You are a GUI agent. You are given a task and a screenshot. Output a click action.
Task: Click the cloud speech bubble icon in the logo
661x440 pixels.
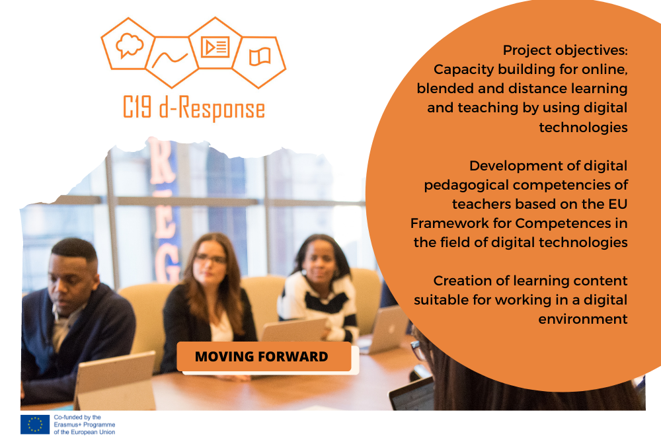click(130, 45)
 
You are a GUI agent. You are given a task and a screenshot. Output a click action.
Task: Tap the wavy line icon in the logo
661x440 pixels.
click(170, 59)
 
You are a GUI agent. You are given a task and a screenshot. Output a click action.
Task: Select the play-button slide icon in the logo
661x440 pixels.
click(215, 47)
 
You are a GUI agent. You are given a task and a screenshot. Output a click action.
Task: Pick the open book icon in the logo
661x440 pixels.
click(260, 56)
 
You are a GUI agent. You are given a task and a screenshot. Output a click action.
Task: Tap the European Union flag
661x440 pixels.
click(35, 424)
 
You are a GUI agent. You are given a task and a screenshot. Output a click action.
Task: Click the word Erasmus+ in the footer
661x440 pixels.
click(68, 425)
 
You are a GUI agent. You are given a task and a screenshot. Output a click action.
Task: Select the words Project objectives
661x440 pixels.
click(565, 50)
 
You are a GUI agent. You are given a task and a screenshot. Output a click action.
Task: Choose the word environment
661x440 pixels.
click(582, 319)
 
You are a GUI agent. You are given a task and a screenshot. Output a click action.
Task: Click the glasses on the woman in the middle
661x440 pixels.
click(210, 258)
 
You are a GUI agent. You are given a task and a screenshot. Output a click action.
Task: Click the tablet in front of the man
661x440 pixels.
click(115, 380)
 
